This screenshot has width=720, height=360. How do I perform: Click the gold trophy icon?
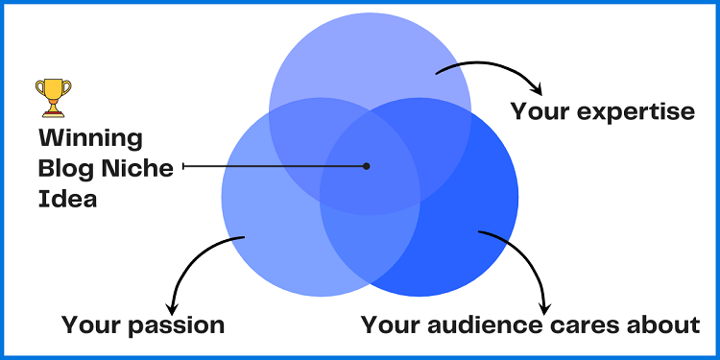click(x=54, y=97)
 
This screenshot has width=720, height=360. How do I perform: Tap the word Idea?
click(x=60, y=199)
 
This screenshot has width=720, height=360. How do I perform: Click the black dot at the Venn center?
click(x=367, y=166)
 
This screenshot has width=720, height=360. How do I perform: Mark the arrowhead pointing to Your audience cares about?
click(x=542, y=300)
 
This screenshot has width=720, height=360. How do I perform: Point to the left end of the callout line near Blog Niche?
click(x=183, y=166)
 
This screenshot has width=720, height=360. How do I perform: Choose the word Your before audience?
click(x=389, y=324)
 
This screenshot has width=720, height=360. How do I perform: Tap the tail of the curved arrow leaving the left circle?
click(x=245, y=238)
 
